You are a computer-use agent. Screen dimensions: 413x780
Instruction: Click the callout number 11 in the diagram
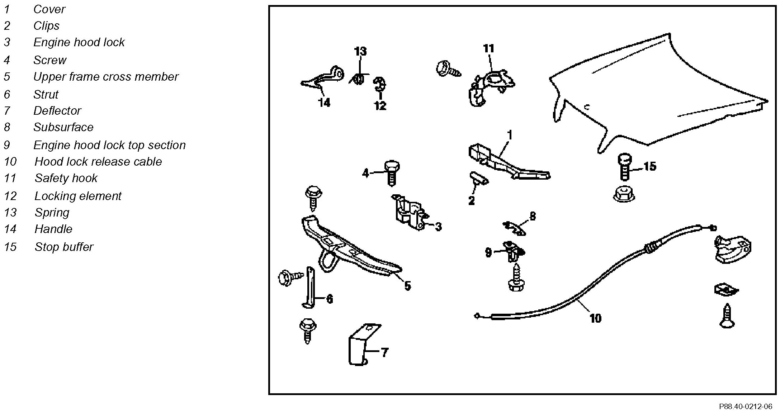pyautogui.click(x=488, y=48)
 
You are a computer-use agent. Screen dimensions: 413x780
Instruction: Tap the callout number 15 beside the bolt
pyautogui.click(x=649, y=166)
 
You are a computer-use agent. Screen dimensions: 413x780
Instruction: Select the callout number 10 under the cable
pyautogui.click(x=595, y=318)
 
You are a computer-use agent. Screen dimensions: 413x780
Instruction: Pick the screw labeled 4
pyautogui.click(x=392, y=173)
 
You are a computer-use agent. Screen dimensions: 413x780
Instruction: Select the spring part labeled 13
pyautogui.click(x=359, y=79)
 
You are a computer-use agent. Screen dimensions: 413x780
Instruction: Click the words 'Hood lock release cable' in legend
pyautogui.click(x=98, y=162)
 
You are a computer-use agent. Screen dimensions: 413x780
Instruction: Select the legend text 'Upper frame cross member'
pyautogui.click(x=106, y=77)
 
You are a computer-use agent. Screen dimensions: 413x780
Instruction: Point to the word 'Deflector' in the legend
pyautogui.click(x=57, y=111)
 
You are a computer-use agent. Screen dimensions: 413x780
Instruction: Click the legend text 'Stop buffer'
pyautogui.click(x=64, y=247)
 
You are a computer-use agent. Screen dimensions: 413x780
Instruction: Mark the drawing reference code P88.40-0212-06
pyautogui.click(x=745, y=407)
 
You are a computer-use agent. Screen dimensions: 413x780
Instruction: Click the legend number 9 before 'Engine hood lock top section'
pyautogui.click(x=7, y=145)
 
